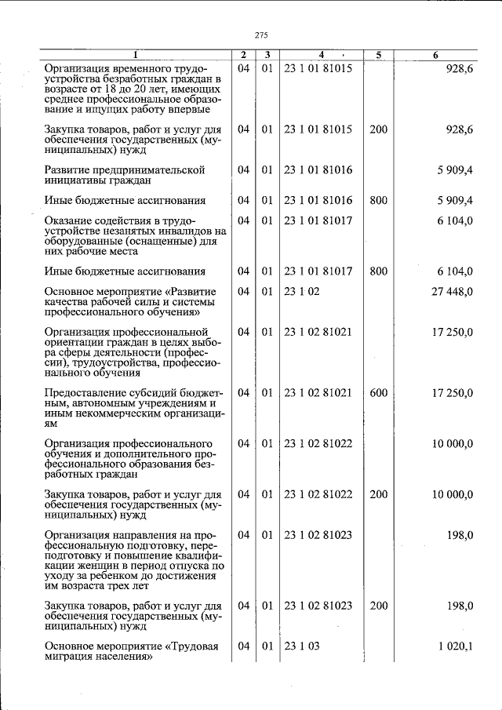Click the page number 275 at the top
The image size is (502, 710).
click(262, 35)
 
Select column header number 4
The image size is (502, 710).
click(321, 55)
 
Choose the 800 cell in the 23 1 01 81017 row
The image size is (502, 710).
click(378, 272)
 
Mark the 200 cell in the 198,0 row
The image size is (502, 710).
click(378, 606)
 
